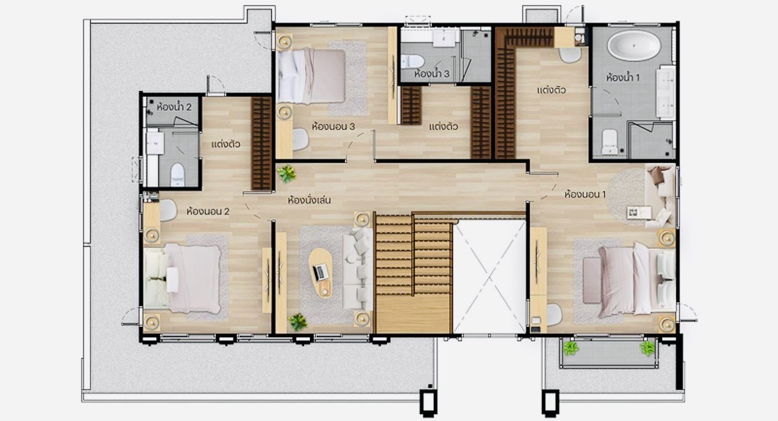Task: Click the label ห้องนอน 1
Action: [585, 194]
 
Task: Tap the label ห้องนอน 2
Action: [207, 211]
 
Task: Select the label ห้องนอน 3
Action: [333, 126]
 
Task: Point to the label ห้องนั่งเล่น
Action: [309, 200]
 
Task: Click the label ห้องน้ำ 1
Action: [623, 77]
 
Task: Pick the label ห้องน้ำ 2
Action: [174, 106]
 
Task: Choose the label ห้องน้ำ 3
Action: [432, 73]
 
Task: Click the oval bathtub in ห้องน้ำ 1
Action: [634, 45]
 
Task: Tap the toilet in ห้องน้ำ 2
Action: [178, 174]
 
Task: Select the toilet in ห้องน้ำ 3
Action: [412, 62]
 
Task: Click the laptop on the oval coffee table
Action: [320, 272]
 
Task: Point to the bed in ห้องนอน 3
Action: [312, 76]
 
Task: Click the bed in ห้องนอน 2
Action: [182, 278]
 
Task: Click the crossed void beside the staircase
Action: [489, 276]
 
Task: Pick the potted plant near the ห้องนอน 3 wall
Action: [287, 174]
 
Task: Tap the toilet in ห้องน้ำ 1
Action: [609, 142]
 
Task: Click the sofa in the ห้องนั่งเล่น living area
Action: [358, 269]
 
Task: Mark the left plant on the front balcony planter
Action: [571, 348]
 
